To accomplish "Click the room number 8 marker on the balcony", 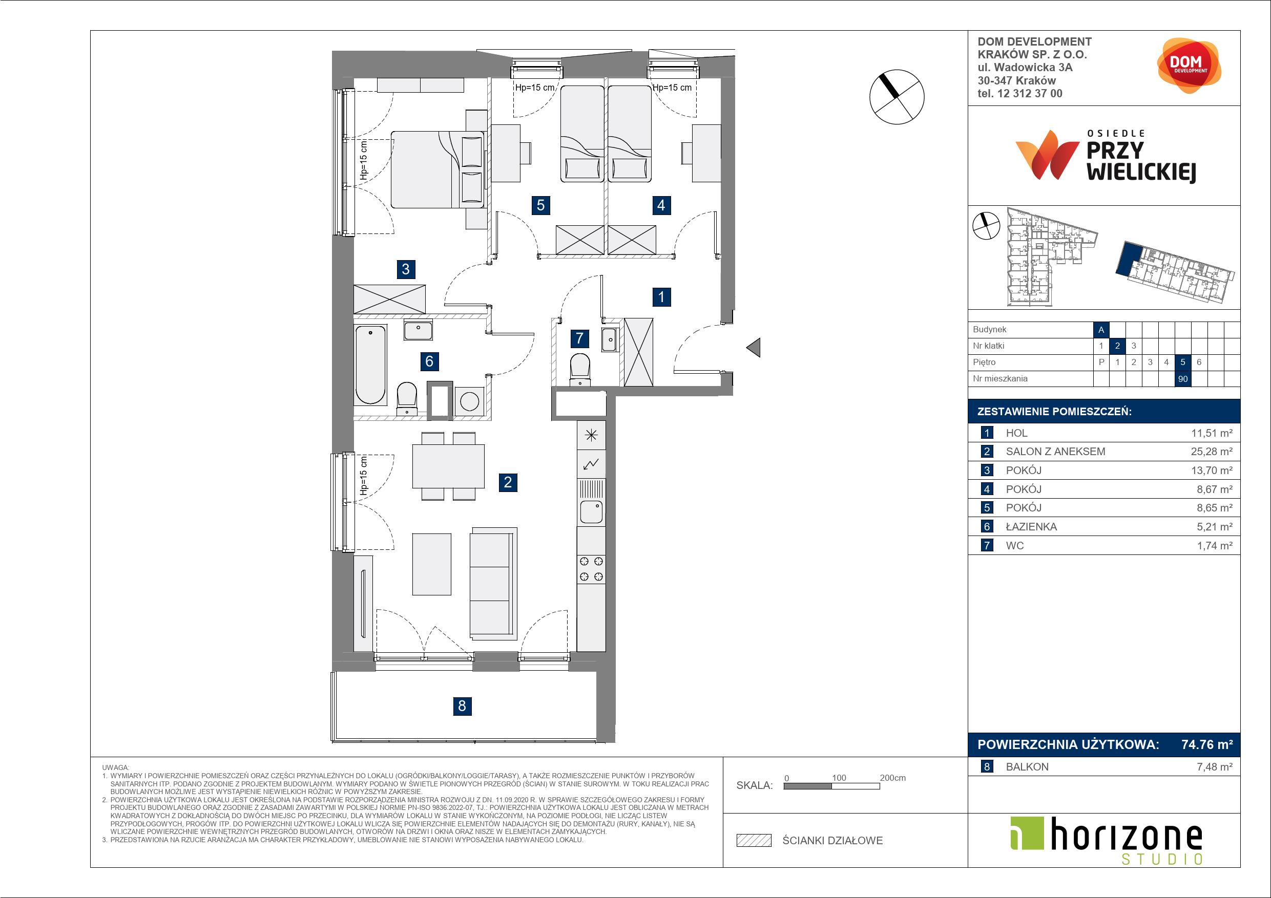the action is click(462, 706).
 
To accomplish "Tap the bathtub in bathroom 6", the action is click(370, 365).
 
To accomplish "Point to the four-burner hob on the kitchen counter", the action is click(591, 569).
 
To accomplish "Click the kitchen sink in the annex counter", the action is click(591, 511).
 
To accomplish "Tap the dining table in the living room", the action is click(448, 466).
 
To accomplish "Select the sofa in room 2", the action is click(493, 582).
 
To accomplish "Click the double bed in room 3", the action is click(437, 169).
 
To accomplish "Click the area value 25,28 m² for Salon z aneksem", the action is click(1212, 452).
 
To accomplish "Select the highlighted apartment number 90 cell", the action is click(1182, 379).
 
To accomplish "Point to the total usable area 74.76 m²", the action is click(1207, 744).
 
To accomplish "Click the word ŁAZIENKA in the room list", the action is click(1031, 527).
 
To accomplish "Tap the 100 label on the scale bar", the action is click(839, 778).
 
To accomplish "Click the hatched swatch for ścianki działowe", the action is click(754, 841).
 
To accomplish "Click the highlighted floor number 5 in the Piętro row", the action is click(1182, 362).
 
